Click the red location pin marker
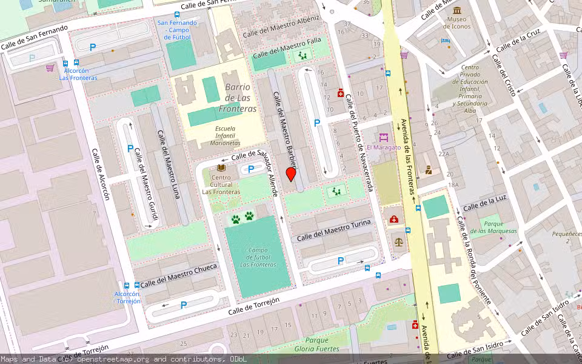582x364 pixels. tap(291, 174)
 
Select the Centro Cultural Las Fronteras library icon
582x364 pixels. tap(221, 168)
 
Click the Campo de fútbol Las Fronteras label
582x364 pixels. tap(258, 257)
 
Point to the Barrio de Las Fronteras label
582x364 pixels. tap(241, 98)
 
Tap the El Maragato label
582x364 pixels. tap(384, 147)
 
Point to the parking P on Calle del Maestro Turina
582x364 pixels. tap(341, 261)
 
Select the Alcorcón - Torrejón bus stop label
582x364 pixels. tap(127, 297)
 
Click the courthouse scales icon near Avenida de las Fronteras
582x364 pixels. tap(398, 240)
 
